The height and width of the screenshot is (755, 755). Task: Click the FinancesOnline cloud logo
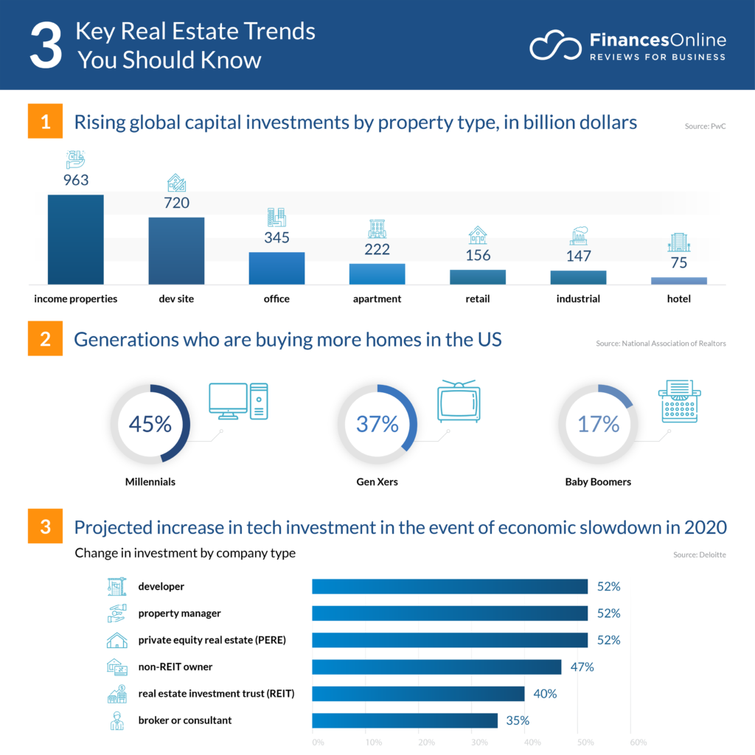point(554,46)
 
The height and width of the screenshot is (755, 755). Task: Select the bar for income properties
point(75,239)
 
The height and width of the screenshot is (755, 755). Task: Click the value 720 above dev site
point(176,203)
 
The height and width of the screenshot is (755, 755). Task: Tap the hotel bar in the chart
point(678,280)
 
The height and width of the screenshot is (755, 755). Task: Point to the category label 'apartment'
point(377,299)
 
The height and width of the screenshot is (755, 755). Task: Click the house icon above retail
point(478,235)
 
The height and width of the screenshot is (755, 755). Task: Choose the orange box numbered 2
point(45,339)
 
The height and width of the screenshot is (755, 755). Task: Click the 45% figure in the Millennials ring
point(150,424)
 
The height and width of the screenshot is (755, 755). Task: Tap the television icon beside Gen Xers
point(458,402)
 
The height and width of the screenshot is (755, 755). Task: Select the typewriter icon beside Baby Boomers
point(679,401)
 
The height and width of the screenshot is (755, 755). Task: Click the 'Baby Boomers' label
point(598,482)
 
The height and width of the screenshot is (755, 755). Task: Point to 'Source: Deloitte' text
point(699,554)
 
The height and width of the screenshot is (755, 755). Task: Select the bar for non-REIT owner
point(436,667)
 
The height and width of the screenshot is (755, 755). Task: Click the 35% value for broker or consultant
point(516,720)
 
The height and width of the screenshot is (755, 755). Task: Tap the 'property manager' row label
point(179,613)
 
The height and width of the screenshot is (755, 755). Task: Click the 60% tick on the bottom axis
point(638,742)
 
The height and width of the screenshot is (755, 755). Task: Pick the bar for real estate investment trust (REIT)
point(418,694)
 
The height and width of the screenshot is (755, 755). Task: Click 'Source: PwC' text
point(705,127)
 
